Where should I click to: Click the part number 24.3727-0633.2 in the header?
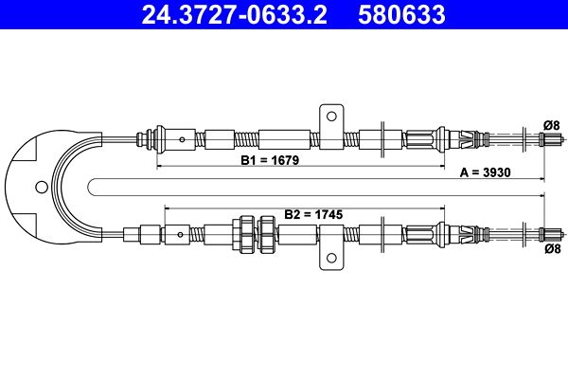[x=235, y=15]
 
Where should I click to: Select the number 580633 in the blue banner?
[x=401, y=15]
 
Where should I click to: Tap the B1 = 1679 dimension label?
[x=270, y=160]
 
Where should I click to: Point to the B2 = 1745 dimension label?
[x=313, y=214]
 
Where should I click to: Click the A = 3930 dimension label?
[x=485, y=172]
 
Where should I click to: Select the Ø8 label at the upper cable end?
[x=552, y=125]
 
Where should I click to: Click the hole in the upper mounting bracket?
[x=331, y=116]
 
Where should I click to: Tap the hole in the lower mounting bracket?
[x=331, y=258]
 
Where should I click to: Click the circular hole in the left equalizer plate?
[x=42, y=188]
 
